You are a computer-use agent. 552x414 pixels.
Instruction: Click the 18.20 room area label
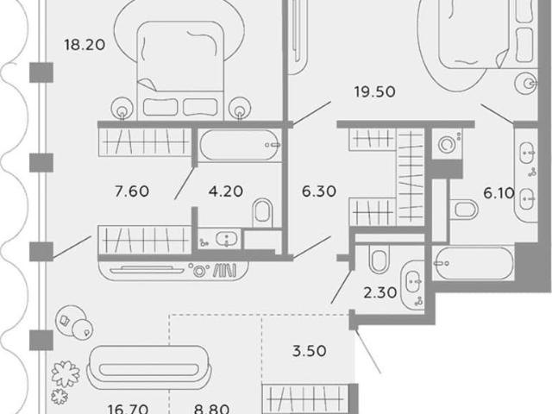coord(85,45)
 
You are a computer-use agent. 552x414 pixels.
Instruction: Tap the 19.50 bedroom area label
coord(375,92)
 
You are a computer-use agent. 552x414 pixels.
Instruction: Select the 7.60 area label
coord(132,191)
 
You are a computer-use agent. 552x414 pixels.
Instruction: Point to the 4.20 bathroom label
coord(226,191)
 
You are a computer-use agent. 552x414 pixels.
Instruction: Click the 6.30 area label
coord(319,191)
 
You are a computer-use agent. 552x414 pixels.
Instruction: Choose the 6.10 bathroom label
coord(499,193)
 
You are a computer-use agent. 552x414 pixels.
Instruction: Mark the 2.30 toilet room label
coord(380,292)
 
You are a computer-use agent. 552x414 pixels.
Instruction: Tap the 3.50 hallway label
coord(310,351)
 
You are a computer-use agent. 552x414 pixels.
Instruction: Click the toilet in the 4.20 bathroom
coord(262,213)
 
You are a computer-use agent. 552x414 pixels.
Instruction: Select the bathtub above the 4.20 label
coord(241,145)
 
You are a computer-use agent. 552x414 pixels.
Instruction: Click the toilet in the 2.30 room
coord(379,259)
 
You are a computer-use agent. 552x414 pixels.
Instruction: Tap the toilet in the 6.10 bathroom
coord(464,210)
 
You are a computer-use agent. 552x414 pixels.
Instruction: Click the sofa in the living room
coord(148,367)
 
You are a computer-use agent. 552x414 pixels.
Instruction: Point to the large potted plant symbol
coord(66,373)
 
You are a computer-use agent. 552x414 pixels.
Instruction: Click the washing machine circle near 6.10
coord(447,144)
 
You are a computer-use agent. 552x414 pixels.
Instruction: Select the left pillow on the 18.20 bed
coord(160,107)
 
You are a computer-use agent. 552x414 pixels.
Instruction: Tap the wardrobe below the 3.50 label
coord(305,398)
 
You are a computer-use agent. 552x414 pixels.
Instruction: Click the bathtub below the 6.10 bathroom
coord(474,263)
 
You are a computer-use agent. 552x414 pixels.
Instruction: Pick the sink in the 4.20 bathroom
coord(226,239)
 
